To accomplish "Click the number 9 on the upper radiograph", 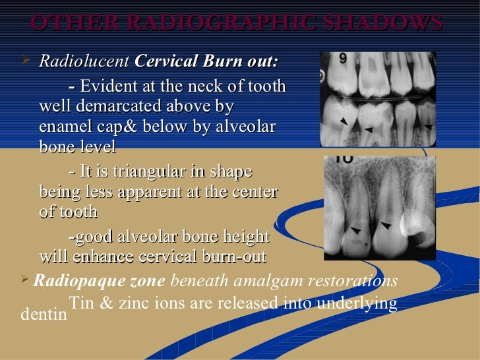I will pos(343,59).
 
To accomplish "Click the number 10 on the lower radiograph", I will pos(344,158).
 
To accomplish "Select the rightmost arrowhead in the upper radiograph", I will pos(427,125).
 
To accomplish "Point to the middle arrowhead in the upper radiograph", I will pos(369,129).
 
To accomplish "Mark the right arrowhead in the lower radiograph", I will pos(386,225).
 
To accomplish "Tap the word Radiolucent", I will pos(84,62).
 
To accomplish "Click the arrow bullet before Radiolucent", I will pos(26,61).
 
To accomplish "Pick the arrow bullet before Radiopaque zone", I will pos(25,281).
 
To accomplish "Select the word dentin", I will pos(44,314).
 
